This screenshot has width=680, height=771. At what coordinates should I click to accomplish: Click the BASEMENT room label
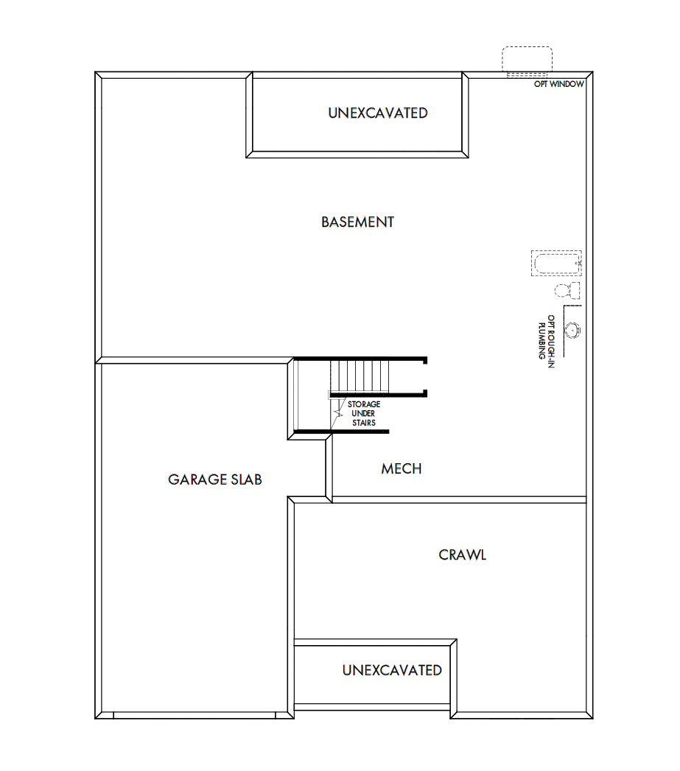[357, 222]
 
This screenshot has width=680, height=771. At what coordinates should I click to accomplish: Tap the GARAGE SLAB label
[214, 479]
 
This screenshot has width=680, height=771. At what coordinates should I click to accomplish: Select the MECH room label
[402, 469]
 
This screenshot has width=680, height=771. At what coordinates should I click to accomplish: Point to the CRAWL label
[462, 555]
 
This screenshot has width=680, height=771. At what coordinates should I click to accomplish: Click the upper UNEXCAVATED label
[377, 113]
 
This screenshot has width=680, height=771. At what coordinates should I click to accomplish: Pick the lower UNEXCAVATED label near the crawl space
[391, 670]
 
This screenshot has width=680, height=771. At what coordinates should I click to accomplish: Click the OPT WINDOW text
[559, 85]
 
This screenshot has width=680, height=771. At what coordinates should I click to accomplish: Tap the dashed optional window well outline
[527, 59]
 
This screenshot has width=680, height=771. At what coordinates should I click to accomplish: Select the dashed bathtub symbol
[556, 263]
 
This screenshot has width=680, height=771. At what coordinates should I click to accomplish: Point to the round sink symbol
[572, 328]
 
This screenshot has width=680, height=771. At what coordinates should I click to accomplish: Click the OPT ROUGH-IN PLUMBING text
[546, 337]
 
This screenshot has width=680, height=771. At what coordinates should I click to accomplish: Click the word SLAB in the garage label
[245, 479]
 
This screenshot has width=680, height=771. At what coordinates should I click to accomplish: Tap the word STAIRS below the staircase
[364, 423]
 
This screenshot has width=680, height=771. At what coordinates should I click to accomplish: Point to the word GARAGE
[196, 479]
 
